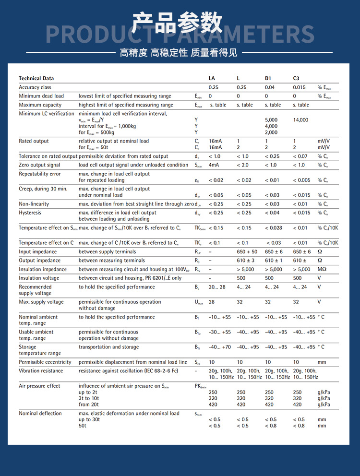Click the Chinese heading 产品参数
178,23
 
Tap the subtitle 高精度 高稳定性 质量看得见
179,52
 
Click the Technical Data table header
36,78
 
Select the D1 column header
268,78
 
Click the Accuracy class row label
35,87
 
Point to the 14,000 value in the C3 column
300,120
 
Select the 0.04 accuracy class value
270,87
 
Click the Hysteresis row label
30,213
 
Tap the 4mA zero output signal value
214,165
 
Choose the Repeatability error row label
40,174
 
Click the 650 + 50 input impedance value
247,251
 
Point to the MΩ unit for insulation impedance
322,269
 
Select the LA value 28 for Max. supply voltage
212,302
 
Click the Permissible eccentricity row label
45,362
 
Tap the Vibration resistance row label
41,370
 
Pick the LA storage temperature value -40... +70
219,347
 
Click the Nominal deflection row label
40,413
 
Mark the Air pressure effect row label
39,386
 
